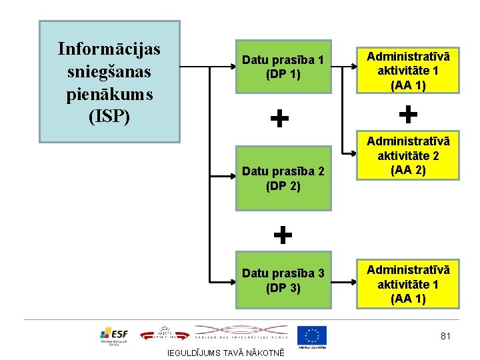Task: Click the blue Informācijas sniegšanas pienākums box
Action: tap(109, 81)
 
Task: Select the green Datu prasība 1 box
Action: tap(283, 67)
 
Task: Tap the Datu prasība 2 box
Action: tap(283, 178)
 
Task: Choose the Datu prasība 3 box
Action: tap(283, 281)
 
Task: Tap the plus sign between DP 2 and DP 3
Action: tap(283, 235)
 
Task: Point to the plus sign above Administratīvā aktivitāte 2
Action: tap(408, 115)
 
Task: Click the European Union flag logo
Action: tap(311, 335)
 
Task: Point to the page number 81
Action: tap(445, 336)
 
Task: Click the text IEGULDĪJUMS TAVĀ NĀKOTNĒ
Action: tap(225, 353)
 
